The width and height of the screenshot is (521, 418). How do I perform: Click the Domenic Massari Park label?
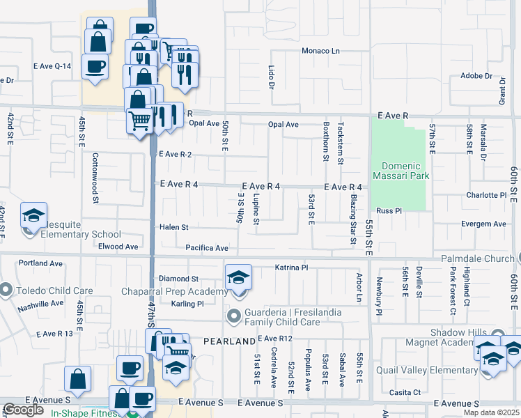click(x=401, y=171)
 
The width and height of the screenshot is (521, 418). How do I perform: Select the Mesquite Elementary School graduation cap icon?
click(x=33, y=217)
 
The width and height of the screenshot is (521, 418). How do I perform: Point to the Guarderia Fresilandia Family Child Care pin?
click(x=233, y=317)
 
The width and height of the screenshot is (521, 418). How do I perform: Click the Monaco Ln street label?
click(x=320, y=51)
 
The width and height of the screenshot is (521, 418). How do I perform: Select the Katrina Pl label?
click(x=291, y=268)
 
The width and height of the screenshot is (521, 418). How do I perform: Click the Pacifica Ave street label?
click(x=207, y=248)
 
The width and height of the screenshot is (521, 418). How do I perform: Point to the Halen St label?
click(x=174, y=227)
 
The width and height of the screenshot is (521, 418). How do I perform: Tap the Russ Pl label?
click(x=389, y=210)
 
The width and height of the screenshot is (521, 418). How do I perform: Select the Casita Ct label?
click(x=405, y=392)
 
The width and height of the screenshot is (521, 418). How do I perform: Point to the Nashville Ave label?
click(x=41, y=304)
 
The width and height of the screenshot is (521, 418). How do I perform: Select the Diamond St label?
click(x=179, y=279)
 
